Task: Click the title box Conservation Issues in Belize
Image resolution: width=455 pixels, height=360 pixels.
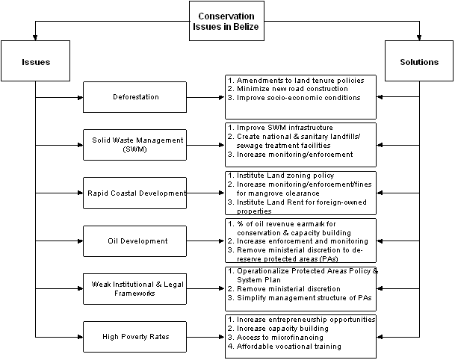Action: [226, 21]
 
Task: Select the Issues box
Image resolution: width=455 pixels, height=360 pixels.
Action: [35, 61]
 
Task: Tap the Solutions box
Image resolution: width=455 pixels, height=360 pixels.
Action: [419, 61]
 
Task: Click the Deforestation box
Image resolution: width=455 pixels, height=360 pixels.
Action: [135, 97]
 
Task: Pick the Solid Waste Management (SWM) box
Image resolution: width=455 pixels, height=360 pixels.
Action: [135, 145]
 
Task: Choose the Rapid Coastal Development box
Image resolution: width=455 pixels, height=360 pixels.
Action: [135, 193]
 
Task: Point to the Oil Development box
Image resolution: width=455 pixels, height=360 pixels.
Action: [135, 241]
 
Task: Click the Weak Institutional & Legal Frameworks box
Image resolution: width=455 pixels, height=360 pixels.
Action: [135, 288]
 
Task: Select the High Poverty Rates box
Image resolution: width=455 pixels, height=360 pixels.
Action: [135, 337]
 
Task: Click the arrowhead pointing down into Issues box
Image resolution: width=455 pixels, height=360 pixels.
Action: [35, 37]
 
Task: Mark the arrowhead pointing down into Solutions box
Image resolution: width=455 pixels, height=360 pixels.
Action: [419, 37]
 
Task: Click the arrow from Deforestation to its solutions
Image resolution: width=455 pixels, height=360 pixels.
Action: [205, 98]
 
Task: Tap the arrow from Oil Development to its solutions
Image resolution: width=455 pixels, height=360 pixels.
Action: [205, 240]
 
